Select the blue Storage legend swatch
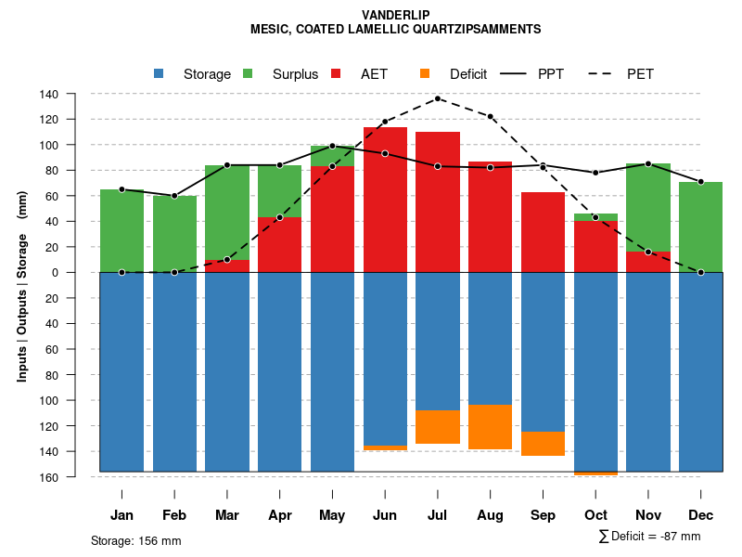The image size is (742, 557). click(159, 73)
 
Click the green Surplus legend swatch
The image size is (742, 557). click(248, 73)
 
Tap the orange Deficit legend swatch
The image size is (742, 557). click(425, 73)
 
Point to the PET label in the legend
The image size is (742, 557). click(640, 74)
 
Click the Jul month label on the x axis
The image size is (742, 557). click(438, 515)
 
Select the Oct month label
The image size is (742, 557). click(595, 515)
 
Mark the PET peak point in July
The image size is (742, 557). click(438, 98)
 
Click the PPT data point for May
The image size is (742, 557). click(332, 146)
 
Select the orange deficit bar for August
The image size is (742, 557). click(491, 427)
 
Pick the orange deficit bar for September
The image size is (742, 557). click(543, 444)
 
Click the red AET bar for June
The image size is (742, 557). click(385, 200)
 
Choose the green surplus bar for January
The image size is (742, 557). click(122, 231)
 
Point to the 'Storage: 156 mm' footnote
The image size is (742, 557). click(136, 540)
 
